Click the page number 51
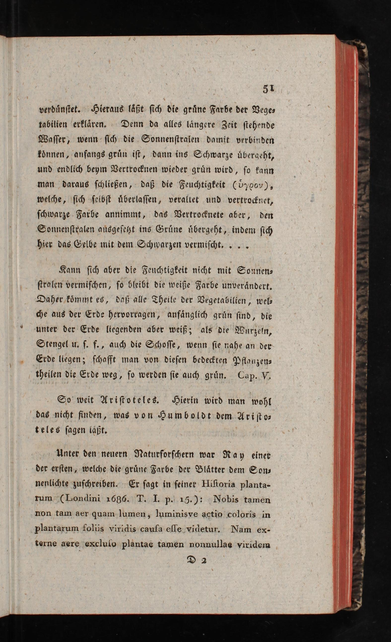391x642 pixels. [x=268, y=89]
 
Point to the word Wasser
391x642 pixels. [x=53, y=140]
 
